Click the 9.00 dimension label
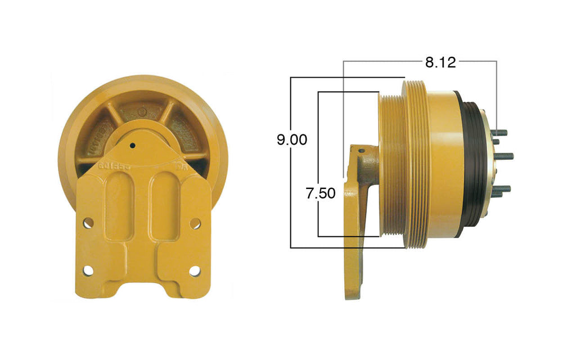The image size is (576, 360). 291,139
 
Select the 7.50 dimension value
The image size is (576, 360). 321,194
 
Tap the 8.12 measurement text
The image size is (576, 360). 440,62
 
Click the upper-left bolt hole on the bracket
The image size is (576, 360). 88,223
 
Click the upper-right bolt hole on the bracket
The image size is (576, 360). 195,223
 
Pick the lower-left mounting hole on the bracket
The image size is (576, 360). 88,271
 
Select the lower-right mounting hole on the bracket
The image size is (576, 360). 195,271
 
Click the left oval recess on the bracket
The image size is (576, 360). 119,205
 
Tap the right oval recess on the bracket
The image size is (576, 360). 164,205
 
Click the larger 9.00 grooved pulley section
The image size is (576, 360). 415,163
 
